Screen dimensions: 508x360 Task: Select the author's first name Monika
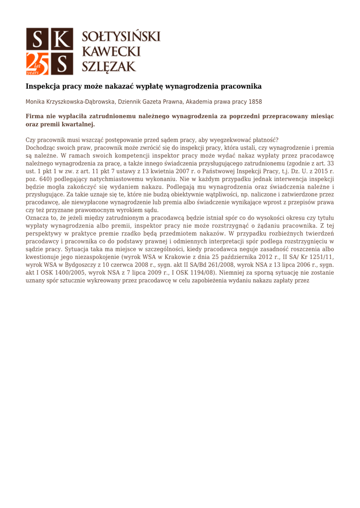pyautogui.click(x=35, y=102)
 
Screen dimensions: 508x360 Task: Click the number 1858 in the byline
pyautogui.click(x=255, y=102)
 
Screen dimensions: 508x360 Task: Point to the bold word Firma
pyautogui.click(x=36, y=116)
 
